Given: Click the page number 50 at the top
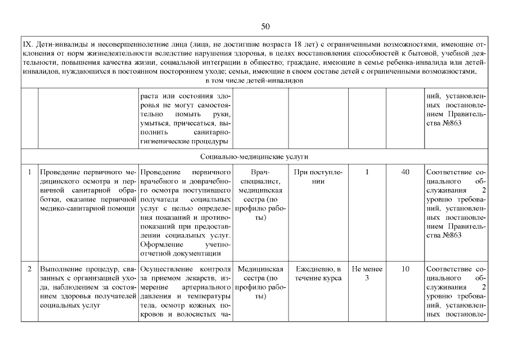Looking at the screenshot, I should pos(266,26).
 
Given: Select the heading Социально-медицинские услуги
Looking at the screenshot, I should pos(254,156).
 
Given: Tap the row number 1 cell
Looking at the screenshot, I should pos(29,172).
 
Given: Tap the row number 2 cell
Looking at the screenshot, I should pos(29,269).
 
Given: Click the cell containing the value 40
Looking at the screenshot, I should pos(405,172).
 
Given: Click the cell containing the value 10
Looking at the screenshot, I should pos(405,269).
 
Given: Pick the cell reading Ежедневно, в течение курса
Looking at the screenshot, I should pos(318,274).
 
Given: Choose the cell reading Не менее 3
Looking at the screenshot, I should pos(367,274).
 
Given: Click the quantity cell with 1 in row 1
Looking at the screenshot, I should pos(367,172).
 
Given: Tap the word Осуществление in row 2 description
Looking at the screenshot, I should pos(166,269).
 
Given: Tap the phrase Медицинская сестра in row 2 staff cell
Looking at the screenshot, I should pos(260,274).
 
